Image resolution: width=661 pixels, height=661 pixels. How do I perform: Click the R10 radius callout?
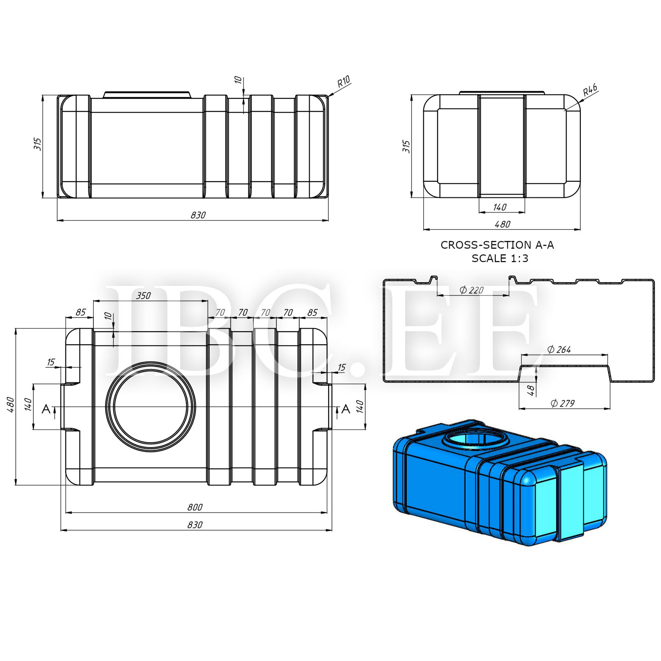pos(343,81)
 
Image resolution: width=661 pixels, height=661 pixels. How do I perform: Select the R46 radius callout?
pos(590,90)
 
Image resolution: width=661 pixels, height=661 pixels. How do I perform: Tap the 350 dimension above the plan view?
pos(143,296)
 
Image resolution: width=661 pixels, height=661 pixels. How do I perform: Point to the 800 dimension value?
pos(195,507)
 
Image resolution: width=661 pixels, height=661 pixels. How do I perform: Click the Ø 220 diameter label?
pos(471,290)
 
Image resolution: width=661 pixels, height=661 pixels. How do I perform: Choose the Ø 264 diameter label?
pos(559,350)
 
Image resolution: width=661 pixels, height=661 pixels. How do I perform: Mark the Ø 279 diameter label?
pos(563,403)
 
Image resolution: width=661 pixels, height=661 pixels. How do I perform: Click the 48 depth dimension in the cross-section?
pos(531,390)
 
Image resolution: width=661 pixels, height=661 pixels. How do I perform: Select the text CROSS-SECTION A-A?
pos(497,245)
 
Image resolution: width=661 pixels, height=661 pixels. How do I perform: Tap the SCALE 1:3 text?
pos(500,258)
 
